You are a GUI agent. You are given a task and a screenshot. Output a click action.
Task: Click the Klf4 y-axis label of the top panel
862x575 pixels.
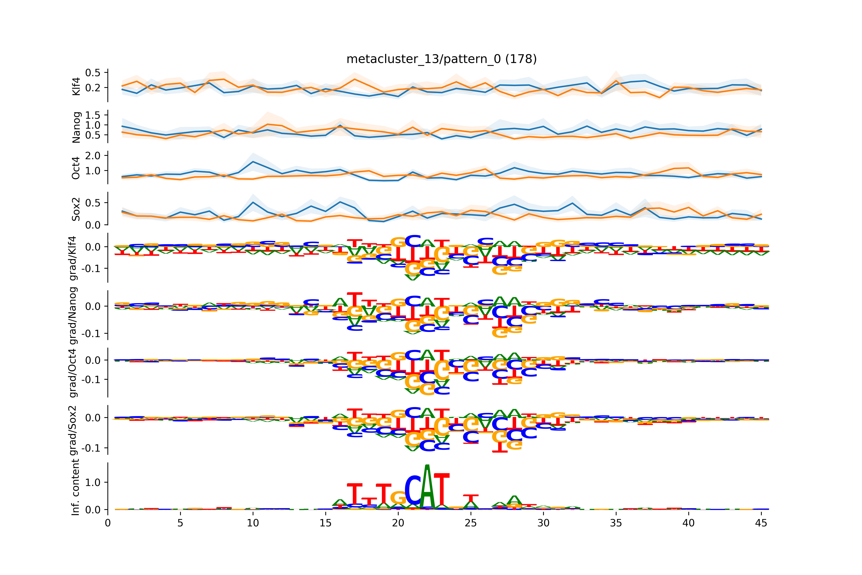pos(76,86)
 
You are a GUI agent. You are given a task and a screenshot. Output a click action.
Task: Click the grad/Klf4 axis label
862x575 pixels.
pos(74,258)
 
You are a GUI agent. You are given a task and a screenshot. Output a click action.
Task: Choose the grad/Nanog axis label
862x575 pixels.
pos(74,315)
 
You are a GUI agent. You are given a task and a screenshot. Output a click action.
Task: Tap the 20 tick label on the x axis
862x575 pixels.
pos(398,523)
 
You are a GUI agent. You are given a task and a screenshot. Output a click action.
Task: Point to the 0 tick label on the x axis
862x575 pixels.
pos(108,523)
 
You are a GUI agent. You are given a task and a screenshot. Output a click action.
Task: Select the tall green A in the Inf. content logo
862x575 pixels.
pos(427,488)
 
